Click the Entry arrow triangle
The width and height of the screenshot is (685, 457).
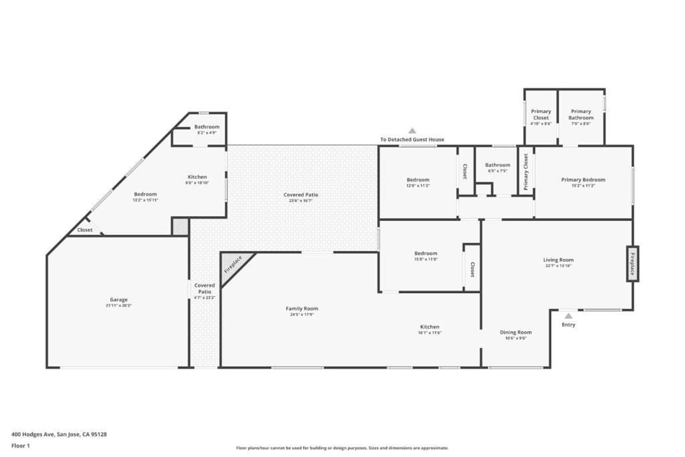point(568,316)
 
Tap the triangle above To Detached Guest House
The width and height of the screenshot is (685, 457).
point(413,131)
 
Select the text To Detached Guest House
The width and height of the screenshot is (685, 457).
point(412,140)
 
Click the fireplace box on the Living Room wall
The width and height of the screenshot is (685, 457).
point(632,264)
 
